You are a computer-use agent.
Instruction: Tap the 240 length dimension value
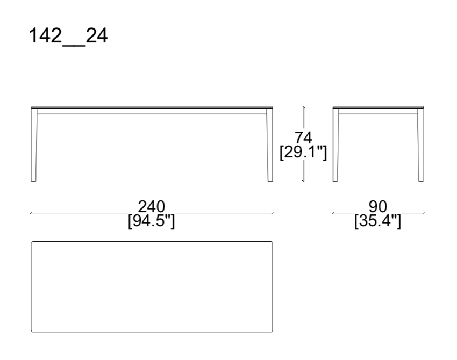pyautogui.click(x=151, y=207)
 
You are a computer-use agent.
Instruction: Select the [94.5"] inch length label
pyautogui.click(x=151, y=220)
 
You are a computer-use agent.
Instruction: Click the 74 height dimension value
pyautogui.click(x=304, y=137)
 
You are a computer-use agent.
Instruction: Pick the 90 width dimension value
pyautogui.click(x=378, y=207)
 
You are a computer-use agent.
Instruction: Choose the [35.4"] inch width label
pyautogui.click(x=378, y=220)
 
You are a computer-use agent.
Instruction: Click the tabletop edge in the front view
pyautogui.click(x=151, y=107)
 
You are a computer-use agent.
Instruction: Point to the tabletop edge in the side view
pyautogui.click(x=378, y=107)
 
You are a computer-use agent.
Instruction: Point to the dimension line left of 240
pyautogui.click(x=81, y=213)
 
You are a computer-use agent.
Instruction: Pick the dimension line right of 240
pyautogui.click(x=226, y=213)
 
